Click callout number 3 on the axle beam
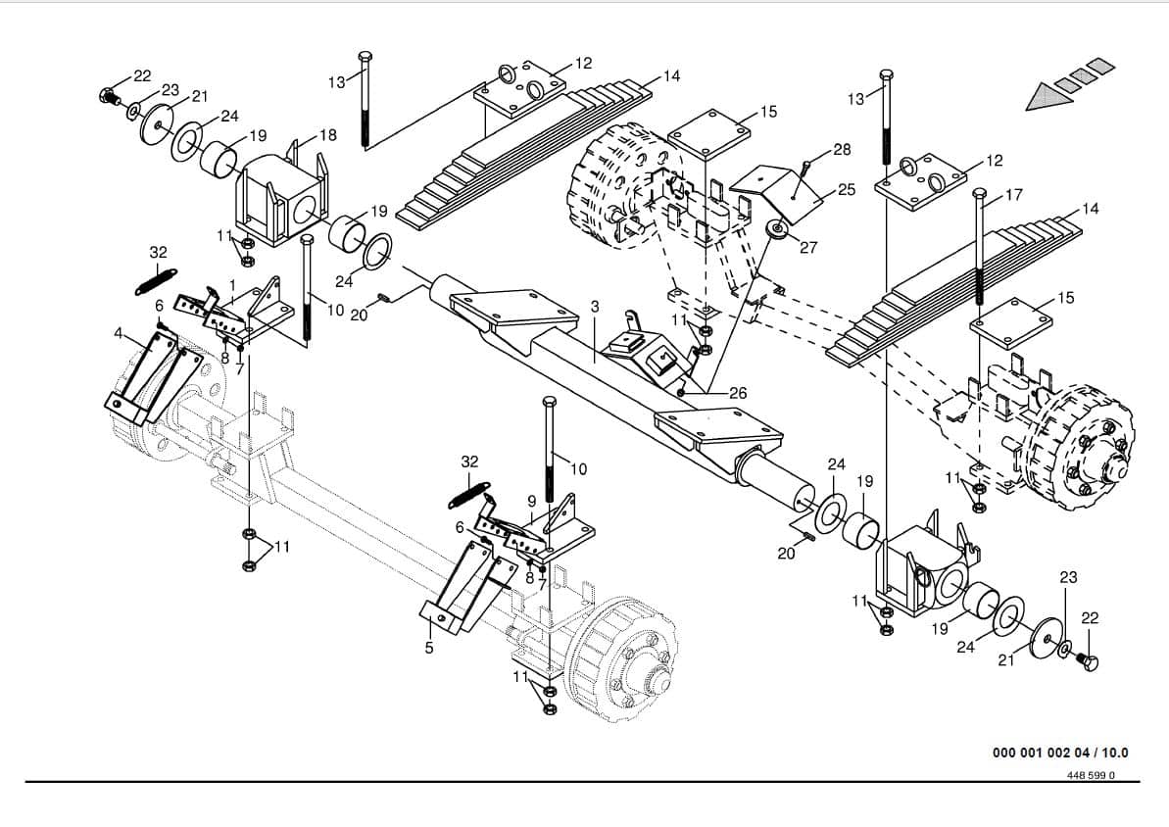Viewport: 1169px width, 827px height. (x=594, y=308)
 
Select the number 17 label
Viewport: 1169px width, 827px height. (x=1014, y=195)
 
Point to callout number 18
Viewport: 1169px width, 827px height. (x=327, y=134)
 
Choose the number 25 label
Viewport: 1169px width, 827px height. (x=847, y=189)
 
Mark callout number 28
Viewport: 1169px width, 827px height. (x=842, y=150)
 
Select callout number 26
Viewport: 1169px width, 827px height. (x=738, y=393)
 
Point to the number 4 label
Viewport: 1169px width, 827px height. (x=119, y=333)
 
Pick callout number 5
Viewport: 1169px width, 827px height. (x=428, y=648)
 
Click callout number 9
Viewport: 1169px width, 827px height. (x=531, y=501)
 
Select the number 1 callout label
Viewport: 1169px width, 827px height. (x=232, y=285)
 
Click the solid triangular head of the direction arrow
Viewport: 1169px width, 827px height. (x=1045, y=96)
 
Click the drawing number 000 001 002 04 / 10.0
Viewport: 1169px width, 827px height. (x=1060, y=753)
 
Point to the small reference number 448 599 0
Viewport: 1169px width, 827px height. (x=1090, y=775)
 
